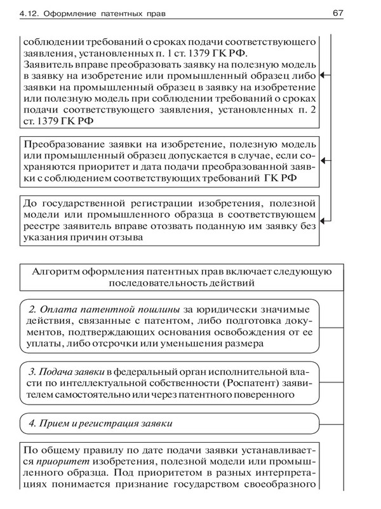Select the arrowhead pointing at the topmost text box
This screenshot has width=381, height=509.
[x=324, y=75]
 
